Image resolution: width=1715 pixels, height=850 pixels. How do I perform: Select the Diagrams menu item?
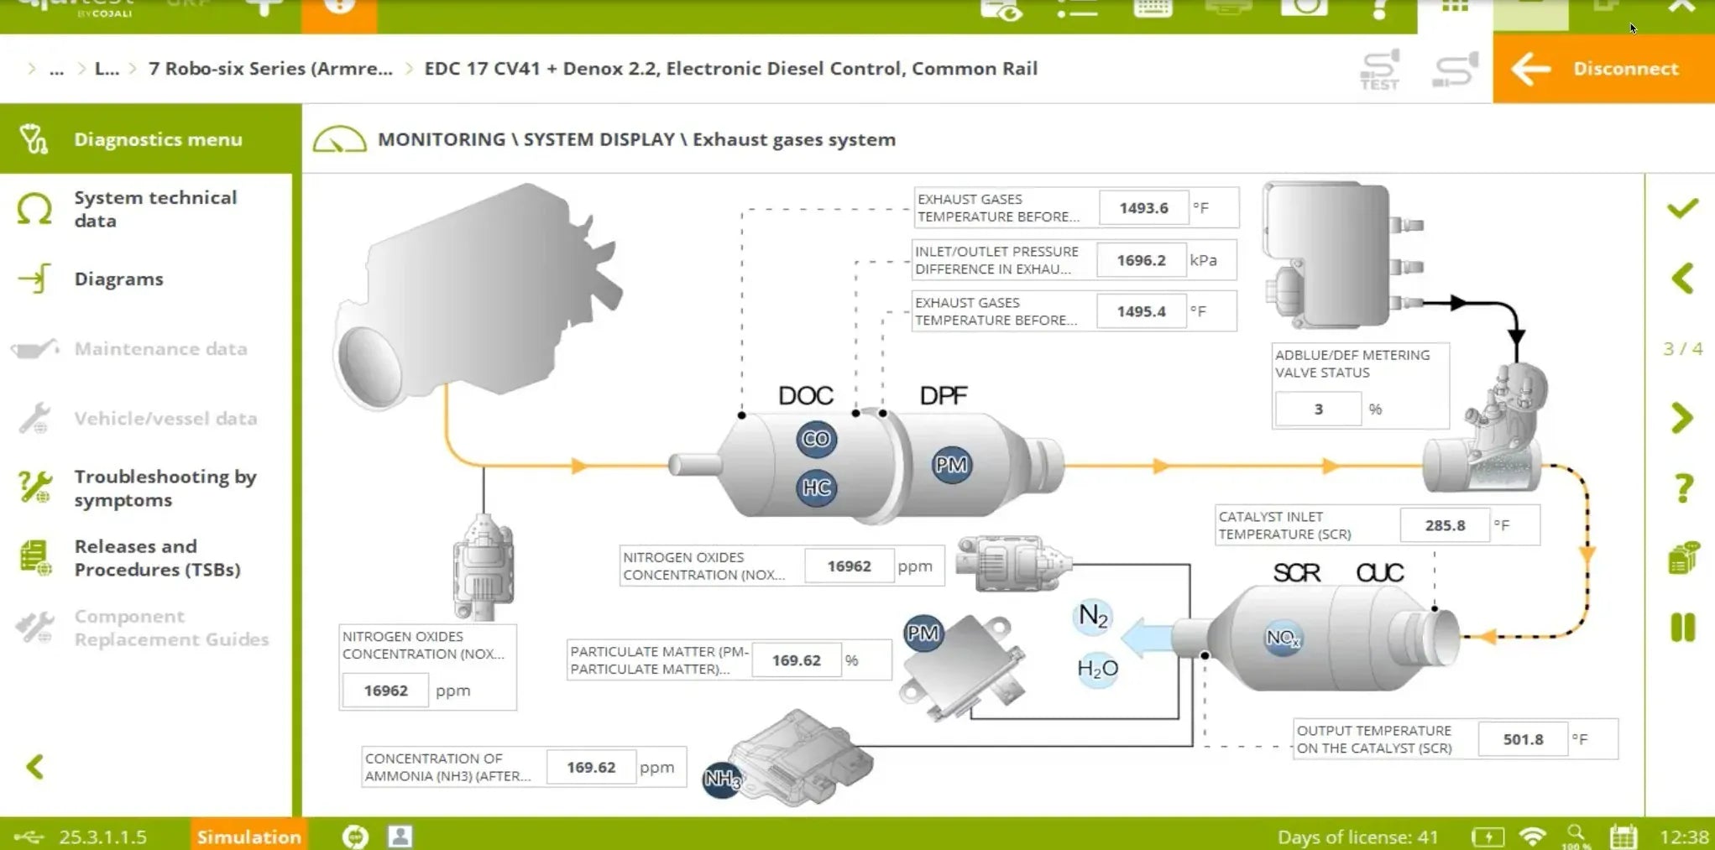click(x=118, y=279)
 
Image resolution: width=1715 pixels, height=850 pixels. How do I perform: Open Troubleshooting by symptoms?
click(x=165, y=488)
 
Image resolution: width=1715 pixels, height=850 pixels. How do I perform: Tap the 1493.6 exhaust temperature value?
click(x=1143, y=208)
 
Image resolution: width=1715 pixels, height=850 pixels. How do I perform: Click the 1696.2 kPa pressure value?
click(x=1141, y=260)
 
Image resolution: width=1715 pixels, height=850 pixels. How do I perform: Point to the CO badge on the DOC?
click(x=816, y=439)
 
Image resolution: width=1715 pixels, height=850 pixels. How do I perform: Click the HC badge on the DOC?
click(x=816, y=488)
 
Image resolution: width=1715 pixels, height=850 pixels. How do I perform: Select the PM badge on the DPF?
click(x=951, y=465)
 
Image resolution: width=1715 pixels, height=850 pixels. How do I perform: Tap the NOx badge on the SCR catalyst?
click(x=1283, y=638)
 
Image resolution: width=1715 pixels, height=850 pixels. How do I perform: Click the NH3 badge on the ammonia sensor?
click(x=722, y=779)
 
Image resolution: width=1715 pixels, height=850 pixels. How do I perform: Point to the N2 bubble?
click(x=1093, y=617)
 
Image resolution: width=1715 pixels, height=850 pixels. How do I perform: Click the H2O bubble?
click(x=1097, y=669)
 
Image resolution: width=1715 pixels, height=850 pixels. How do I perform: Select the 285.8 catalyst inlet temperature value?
click(x=1445, y=525)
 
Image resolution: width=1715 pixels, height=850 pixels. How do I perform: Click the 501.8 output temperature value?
click(x=1523, y=739)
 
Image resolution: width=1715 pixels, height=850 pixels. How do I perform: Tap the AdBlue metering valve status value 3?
click(x=1318, y=409)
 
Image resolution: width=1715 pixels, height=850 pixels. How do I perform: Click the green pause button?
click(x=1683, y=628)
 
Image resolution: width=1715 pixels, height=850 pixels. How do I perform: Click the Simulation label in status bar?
click(x=248, y=837)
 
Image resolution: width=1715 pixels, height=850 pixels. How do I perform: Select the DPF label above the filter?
click(x=944, y=395)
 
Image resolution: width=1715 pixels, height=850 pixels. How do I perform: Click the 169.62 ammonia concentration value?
click(x=590, y=767)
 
